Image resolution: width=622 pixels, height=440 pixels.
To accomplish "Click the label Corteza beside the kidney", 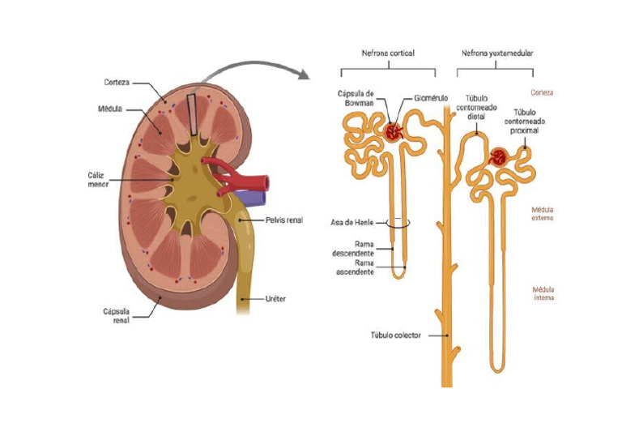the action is (117, 83).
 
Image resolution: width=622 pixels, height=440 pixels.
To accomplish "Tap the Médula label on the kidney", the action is (110, 109).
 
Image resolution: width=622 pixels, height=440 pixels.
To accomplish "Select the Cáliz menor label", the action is (98, 179).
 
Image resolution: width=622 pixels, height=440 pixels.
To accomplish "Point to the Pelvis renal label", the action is (284, 220).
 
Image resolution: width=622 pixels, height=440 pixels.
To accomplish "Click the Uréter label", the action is (275, 299).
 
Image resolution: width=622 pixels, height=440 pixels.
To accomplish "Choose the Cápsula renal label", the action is (117, 316).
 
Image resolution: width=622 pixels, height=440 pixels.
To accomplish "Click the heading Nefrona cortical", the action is (388, 53).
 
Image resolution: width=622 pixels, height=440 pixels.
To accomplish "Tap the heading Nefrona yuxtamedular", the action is (497, 53).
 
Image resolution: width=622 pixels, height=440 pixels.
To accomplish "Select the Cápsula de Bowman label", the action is (356, 98).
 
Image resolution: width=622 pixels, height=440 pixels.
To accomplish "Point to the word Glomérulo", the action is (431, 98).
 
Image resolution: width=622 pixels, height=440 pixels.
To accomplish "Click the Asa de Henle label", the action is (351, 223).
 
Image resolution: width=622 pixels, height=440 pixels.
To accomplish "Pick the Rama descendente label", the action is (353, 249).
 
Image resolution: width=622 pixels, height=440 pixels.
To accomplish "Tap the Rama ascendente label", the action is (355, 268).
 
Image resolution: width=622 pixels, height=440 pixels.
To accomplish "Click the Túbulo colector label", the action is (395, 335).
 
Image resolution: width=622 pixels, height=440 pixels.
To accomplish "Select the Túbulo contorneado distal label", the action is (476, 108).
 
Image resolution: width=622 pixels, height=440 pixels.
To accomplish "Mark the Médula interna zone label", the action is (543, 293).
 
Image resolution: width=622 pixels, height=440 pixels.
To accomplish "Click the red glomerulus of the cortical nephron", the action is (393, 132).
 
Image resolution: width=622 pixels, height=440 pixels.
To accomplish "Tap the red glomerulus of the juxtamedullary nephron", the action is (498, 156).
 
